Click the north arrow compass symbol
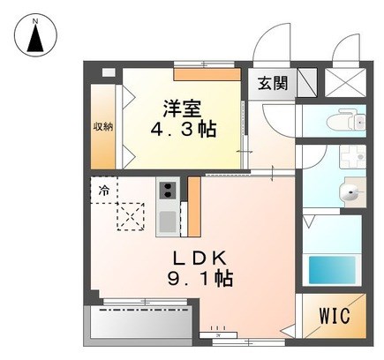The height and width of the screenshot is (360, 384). [35, 35]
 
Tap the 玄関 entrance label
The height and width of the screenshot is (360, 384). [273, 83]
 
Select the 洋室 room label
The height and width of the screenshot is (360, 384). [183, 109]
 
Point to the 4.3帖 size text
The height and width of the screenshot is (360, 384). [184, 129]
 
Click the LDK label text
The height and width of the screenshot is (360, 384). [200, 259]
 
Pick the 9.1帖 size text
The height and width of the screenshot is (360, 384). [200, 279]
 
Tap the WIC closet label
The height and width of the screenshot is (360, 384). [335, 315]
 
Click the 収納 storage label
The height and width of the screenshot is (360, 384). [103, 126]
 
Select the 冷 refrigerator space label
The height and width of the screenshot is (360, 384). [103, 191]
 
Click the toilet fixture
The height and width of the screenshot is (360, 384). [346, 120]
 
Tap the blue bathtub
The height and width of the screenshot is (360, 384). [332, 270]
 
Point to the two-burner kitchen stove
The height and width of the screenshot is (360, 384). [168, 190]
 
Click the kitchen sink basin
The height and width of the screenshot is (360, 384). [168, 221]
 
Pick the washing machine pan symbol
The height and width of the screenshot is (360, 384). [352, 156]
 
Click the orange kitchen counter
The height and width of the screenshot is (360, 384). [194, 206]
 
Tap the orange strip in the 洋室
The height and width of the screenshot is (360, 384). [207, 74]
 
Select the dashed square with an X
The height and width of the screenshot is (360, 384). [131, 216]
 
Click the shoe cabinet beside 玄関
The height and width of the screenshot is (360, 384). [307, 83]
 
